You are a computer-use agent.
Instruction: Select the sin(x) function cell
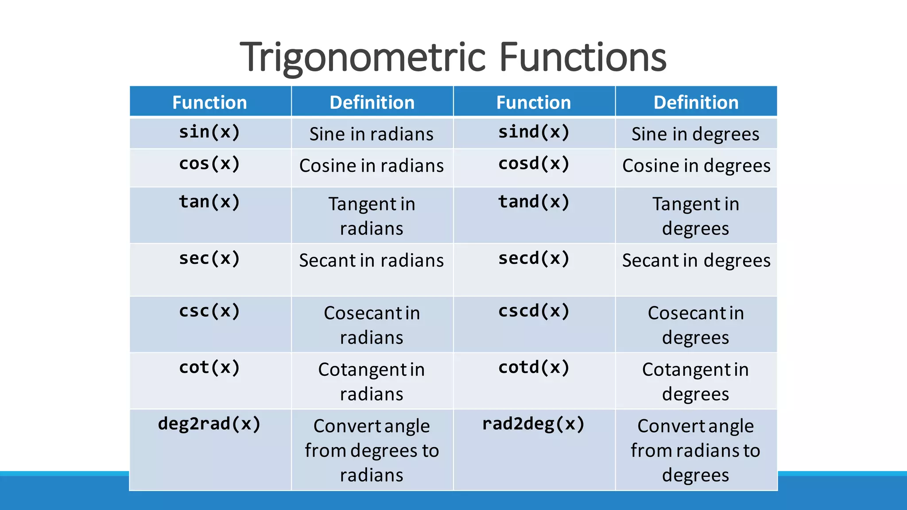tap(209, 132)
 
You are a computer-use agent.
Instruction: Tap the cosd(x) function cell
tap(534, 164)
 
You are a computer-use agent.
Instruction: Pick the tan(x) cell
tap(209, 202)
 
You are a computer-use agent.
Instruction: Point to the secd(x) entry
tap(534, 258)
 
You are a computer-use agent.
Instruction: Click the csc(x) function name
tap(209, 311)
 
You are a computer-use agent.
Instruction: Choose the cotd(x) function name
tap(534, 367)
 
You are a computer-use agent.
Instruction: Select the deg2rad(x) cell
tap(209, 424)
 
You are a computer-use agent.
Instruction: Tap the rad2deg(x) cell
tap(534, 424)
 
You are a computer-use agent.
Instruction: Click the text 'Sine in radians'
tap(371, 134)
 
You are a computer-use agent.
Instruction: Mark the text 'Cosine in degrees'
tap(696, 166)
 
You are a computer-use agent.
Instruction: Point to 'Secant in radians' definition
tap(371, 260)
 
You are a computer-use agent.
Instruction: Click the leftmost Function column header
tap(209, 102)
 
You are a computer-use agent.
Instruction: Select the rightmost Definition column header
tap(696, 102)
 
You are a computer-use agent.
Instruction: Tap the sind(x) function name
tap(534, 132)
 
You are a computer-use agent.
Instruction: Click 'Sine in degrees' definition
tap(695, 134)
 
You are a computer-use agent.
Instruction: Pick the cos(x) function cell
tap(209, 164)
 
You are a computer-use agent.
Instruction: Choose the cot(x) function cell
tap(209, 367)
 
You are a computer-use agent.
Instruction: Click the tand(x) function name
tap(534, 202)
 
